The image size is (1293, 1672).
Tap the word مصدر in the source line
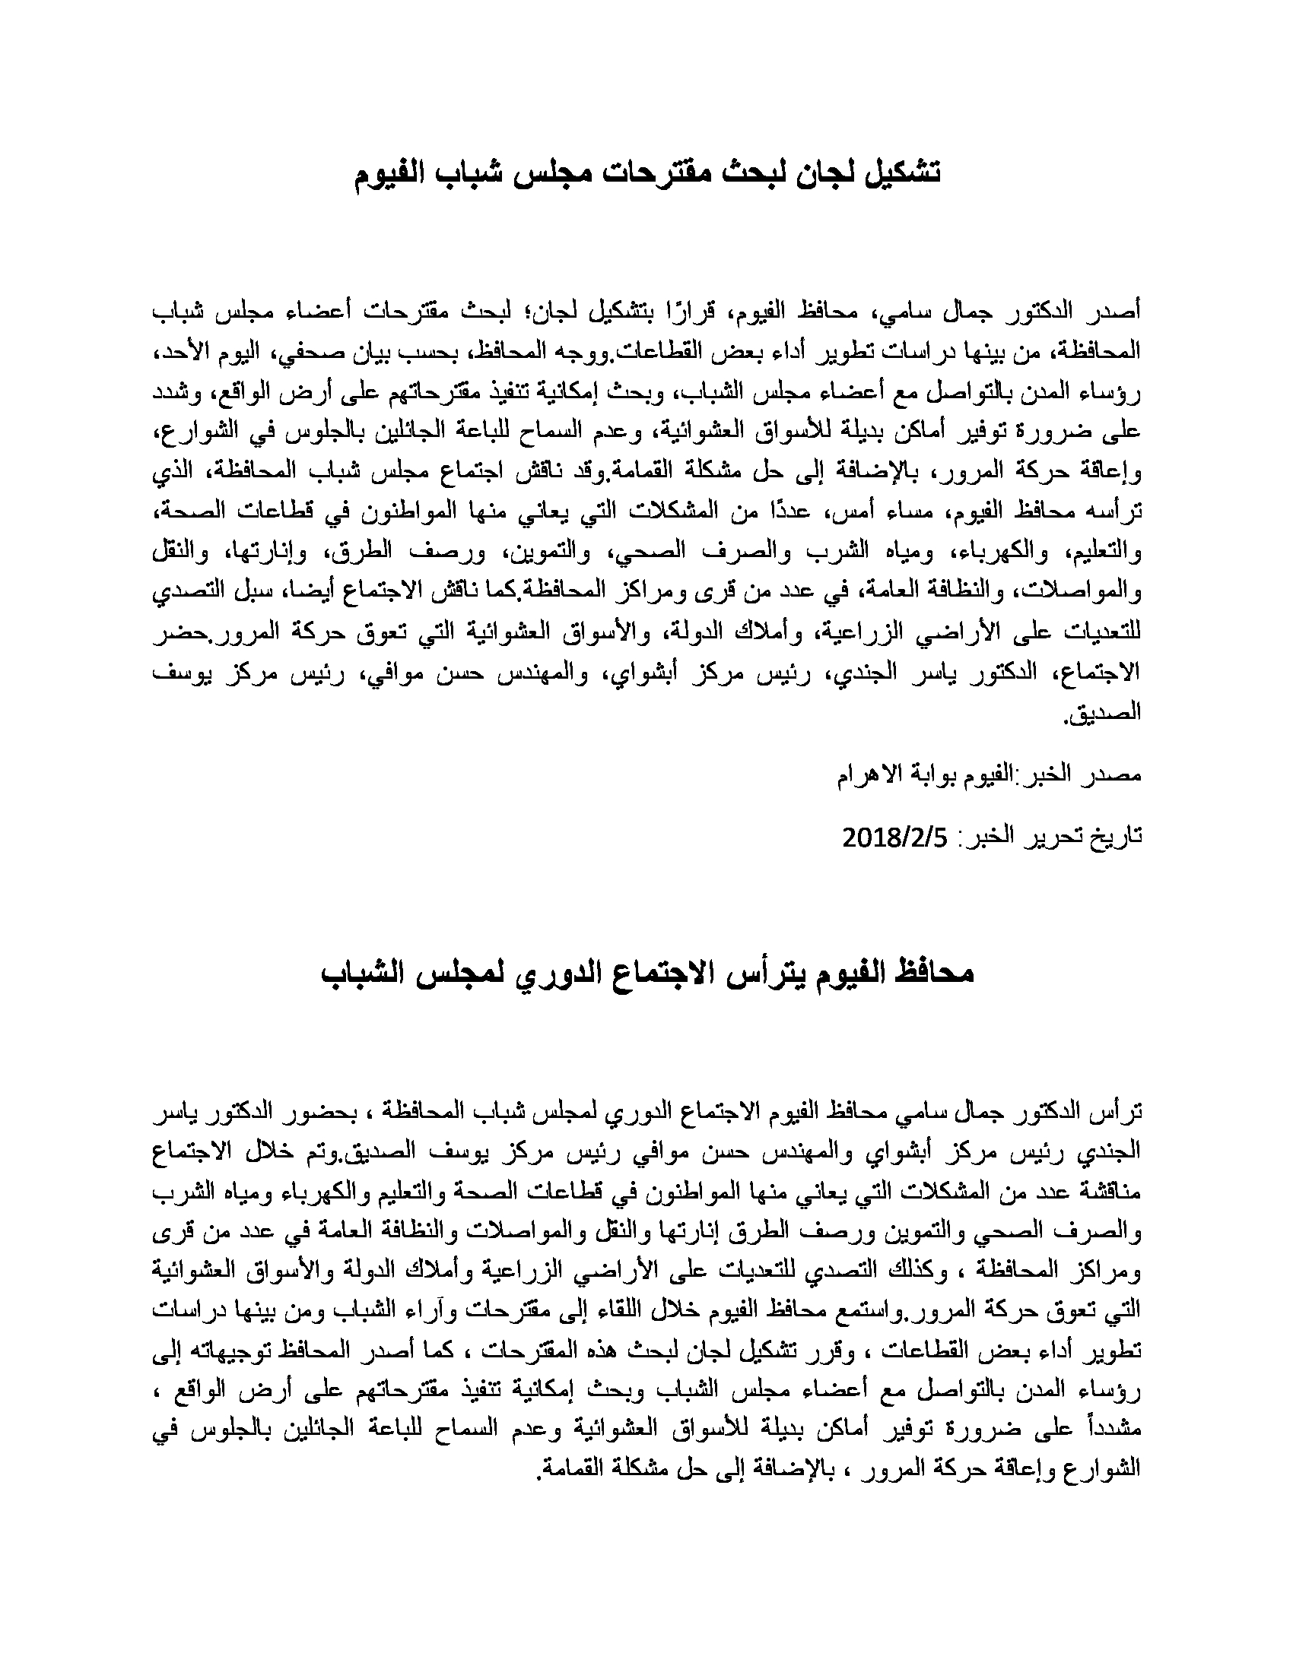tap(1115, 774)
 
